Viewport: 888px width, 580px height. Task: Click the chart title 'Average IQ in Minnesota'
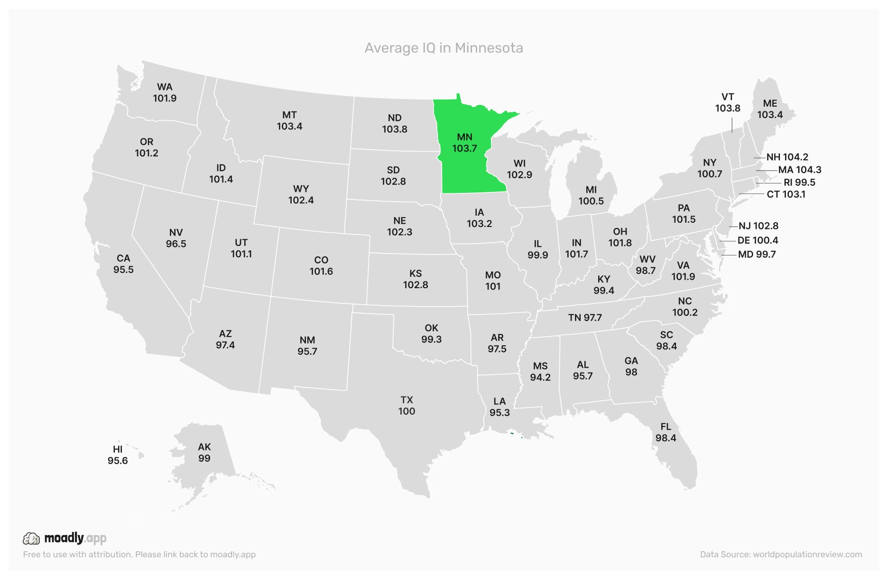pos(444,48)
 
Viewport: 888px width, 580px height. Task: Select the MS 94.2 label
pos(540,372)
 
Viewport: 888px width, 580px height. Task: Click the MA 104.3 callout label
pos(799,170)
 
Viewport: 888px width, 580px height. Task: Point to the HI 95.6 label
pos(118,455)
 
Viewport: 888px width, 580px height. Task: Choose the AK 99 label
pos(204,453)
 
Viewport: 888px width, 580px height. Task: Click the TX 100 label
pos(407,406)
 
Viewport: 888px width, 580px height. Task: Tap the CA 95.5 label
pos(123,264)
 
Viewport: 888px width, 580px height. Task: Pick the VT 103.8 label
pos(728,102)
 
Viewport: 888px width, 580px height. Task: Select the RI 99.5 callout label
pos(799,182)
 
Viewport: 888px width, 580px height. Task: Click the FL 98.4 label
pos(666,432)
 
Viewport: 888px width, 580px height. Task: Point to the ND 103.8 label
pos(395,123)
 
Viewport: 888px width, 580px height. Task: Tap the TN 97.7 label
pos(585,317)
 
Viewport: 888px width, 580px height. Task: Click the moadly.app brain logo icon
pos(32,538)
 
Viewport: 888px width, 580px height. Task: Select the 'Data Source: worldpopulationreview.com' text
pos(781,554)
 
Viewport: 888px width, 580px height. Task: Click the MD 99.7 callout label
pos(757,254)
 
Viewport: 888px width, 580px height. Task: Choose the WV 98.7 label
pos(646,265)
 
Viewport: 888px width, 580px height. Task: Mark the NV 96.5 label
pos(176,238)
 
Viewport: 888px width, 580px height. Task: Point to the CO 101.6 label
pos(321,265)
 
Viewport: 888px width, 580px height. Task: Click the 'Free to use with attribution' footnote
pos(139,554)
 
